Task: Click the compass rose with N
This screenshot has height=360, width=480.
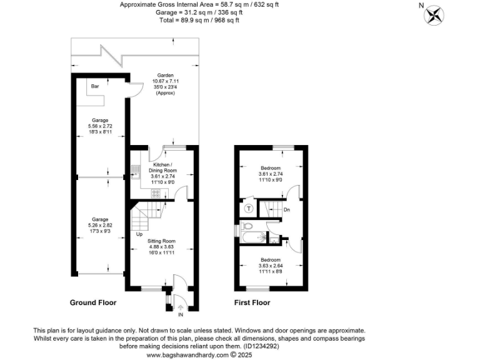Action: [434, 15]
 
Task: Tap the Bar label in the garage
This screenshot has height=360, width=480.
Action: [96, 86]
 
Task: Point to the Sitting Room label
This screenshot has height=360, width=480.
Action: [161, 241]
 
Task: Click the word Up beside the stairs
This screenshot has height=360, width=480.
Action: [139, 234]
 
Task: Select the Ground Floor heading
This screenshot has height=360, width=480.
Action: [92, 302]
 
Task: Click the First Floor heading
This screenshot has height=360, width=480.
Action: [252, 302]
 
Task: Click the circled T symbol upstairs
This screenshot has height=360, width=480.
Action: [248, 208]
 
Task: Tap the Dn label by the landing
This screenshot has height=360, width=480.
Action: [286, 209]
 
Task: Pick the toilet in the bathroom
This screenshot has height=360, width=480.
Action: [247, 226]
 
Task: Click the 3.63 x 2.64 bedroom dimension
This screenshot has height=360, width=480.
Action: [271, 265]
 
